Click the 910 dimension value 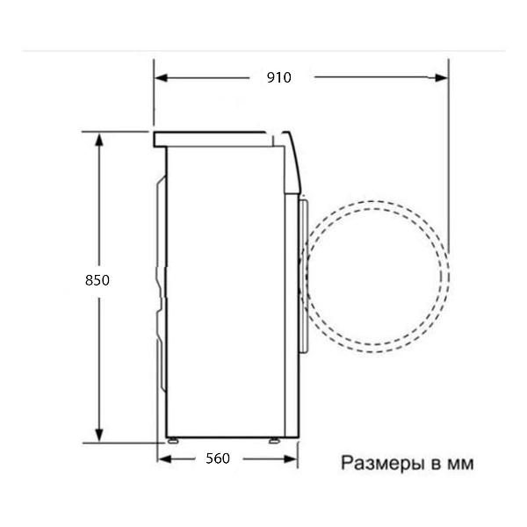pos(278,77)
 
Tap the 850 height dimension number pos(97,280)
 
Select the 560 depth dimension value pos(218,458)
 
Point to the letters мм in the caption pos(460,465)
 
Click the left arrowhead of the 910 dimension pos(161,78)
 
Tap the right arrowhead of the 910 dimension pos(441,78)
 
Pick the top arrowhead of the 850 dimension pos(98,139)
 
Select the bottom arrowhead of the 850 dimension pos(98,436)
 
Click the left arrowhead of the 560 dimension pos(164,458)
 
